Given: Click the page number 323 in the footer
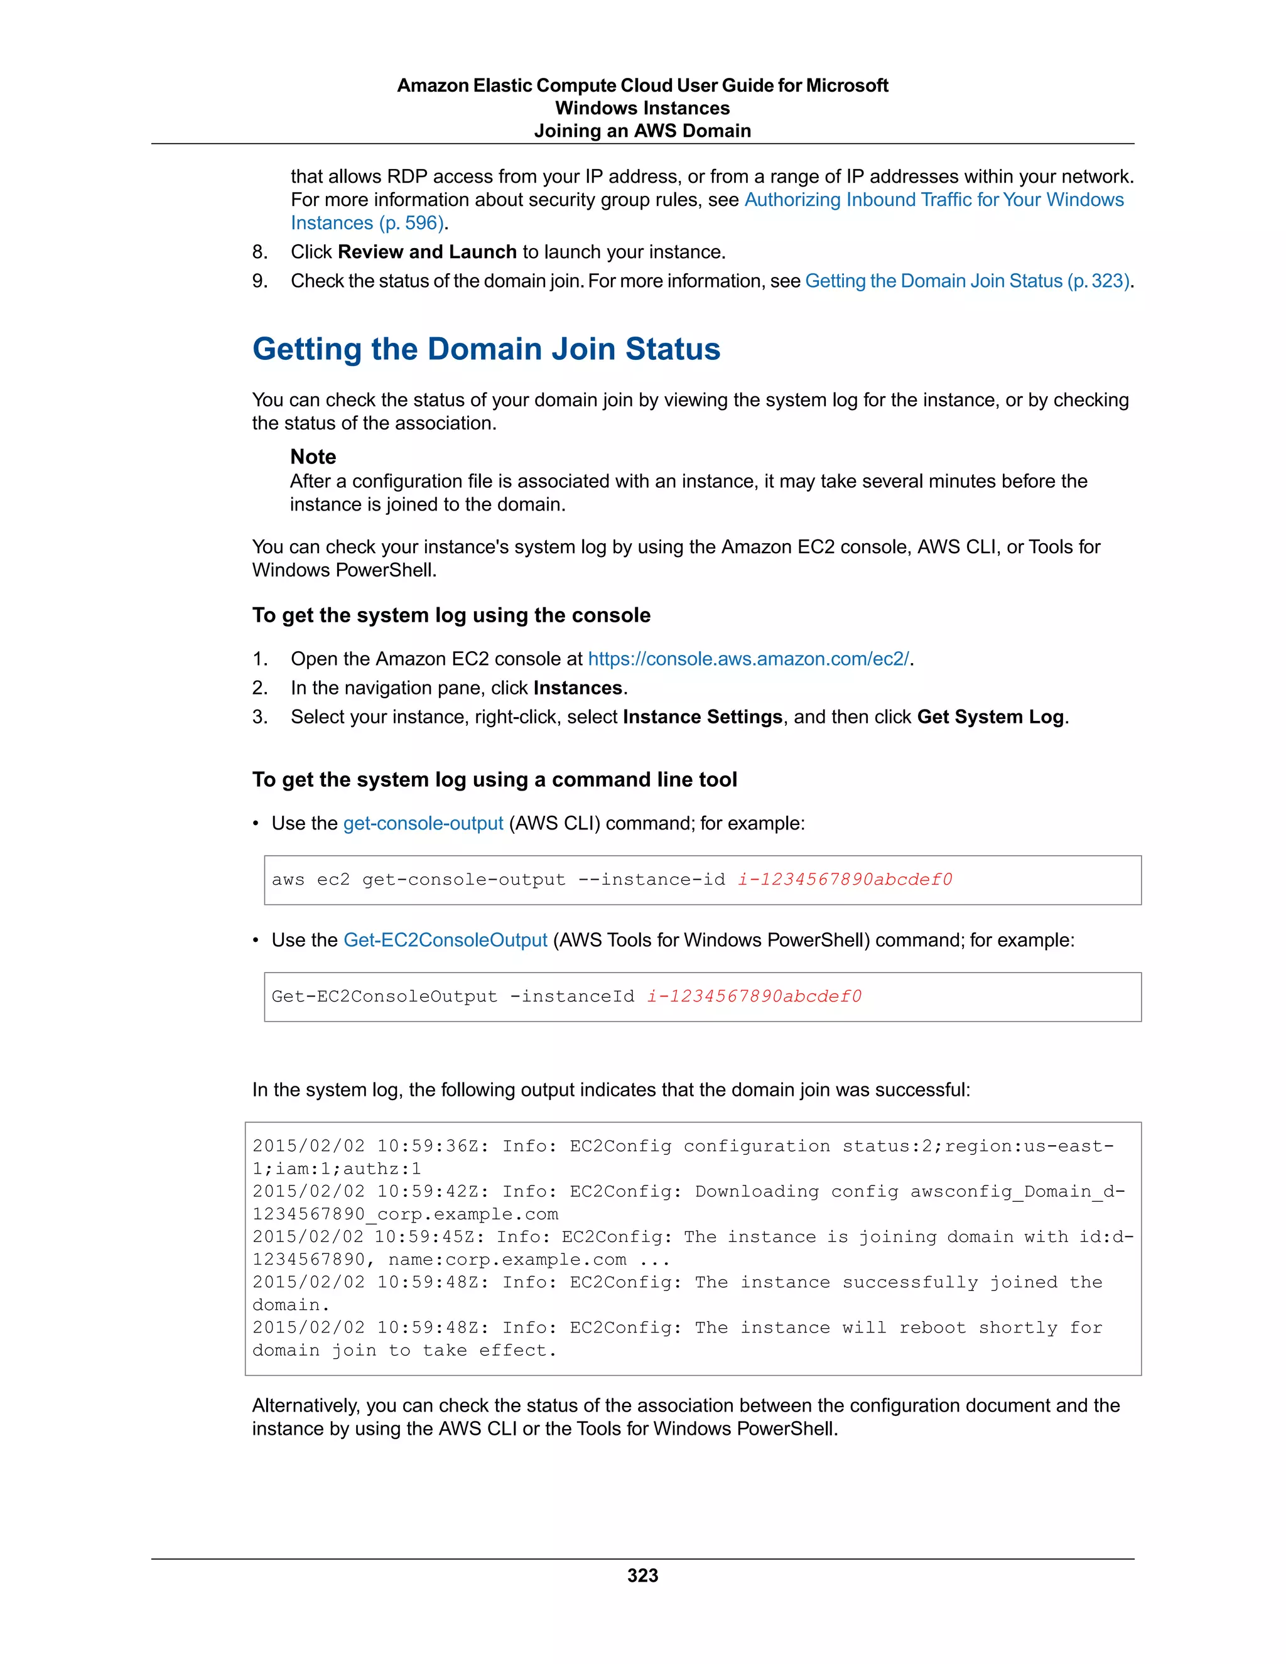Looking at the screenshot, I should (x=642, y=1575).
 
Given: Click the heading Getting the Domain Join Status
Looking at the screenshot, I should (x=486, y=349).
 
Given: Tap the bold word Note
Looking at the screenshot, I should (x=312, y=457).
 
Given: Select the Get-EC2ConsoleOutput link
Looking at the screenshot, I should (x=445, y=940).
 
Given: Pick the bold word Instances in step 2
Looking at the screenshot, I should (x=578, y=688).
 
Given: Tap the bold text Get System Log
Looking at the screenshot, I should (x=990, y=717).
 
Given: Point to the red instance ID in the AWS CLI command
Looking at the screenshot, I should (x=845, y=879).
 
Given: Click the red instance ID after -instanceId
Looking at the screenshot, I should (x=754, y=997).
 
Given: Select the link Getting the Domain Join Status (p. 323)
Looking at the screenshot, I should (x=967, y=281).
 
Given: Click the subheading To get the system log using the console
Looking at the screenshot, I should (x=451, y=615).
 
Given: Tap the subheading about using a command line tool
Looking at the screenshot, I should (x=494, y=780).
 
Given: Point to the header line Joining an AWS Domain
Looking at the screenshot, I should (x=642, y=131).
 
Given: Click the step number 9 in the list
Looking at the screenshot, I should (x=259, y=281).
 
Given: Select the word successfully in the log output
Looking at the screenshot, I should (x=910, y=1282).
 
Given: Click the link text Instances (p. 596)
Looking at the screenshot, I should (x=367, y=224).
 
